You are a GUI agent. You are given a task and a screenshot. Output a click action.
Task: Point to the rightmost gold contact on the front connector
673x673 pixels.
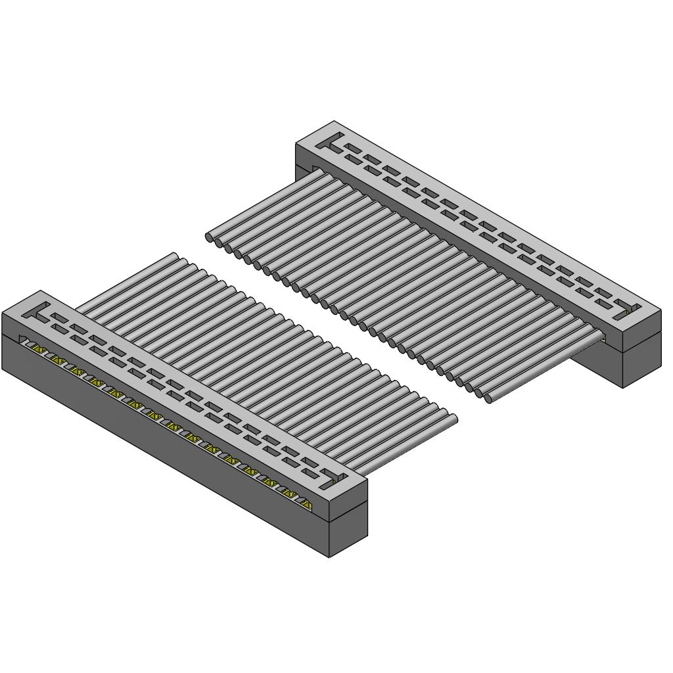[x=306, y=504]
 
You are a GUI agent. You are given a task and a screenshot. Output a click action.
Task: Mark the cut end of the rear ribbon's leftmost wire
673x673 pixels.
[x=210, y=237]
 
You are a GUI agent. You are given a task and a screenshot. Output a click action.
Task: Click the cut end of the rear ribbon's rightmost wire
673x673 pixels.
[x=488, y=398]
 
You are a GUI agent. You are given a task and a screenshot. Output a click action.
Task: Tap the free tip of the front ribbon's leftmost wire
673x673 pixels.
[x=175, y=256]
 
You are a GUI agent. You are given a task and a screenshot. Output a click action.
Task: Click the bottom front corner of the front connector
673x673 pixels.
[x=329, y=557]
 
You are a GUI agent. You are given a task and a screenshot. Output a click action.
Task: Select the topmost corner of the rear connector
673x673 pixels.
[x=334, y=121]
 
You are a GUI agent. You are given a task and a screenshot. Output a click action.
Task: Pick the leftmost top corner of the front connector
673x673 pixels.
[x=3, y=314]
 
